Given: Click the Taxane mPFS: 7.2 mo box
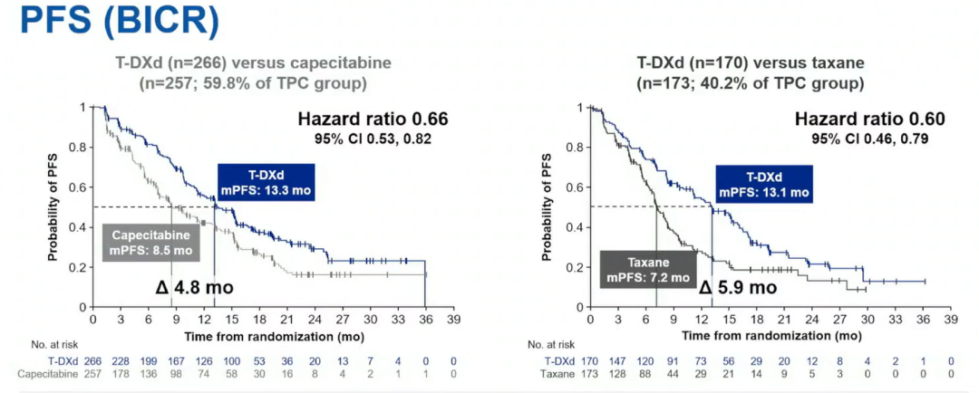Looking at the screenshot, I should click(x=645, y=268).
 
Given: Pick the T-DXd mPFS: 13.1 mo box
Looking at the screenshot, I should click(x=763, y=185).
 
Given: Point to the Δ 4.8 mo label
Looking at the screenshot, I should click(x=195, y=288).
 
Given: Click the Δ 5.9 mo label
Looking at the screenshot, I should click(x=737, y=288).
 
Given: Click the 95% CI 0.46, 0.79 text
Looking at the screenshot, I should click(x=870, y=139).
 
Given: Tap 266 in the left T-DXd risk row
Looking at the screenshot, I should click(x=92, y=361).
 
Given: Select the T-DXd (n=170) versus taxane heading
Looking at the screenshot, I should click(x=751, y=64).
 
